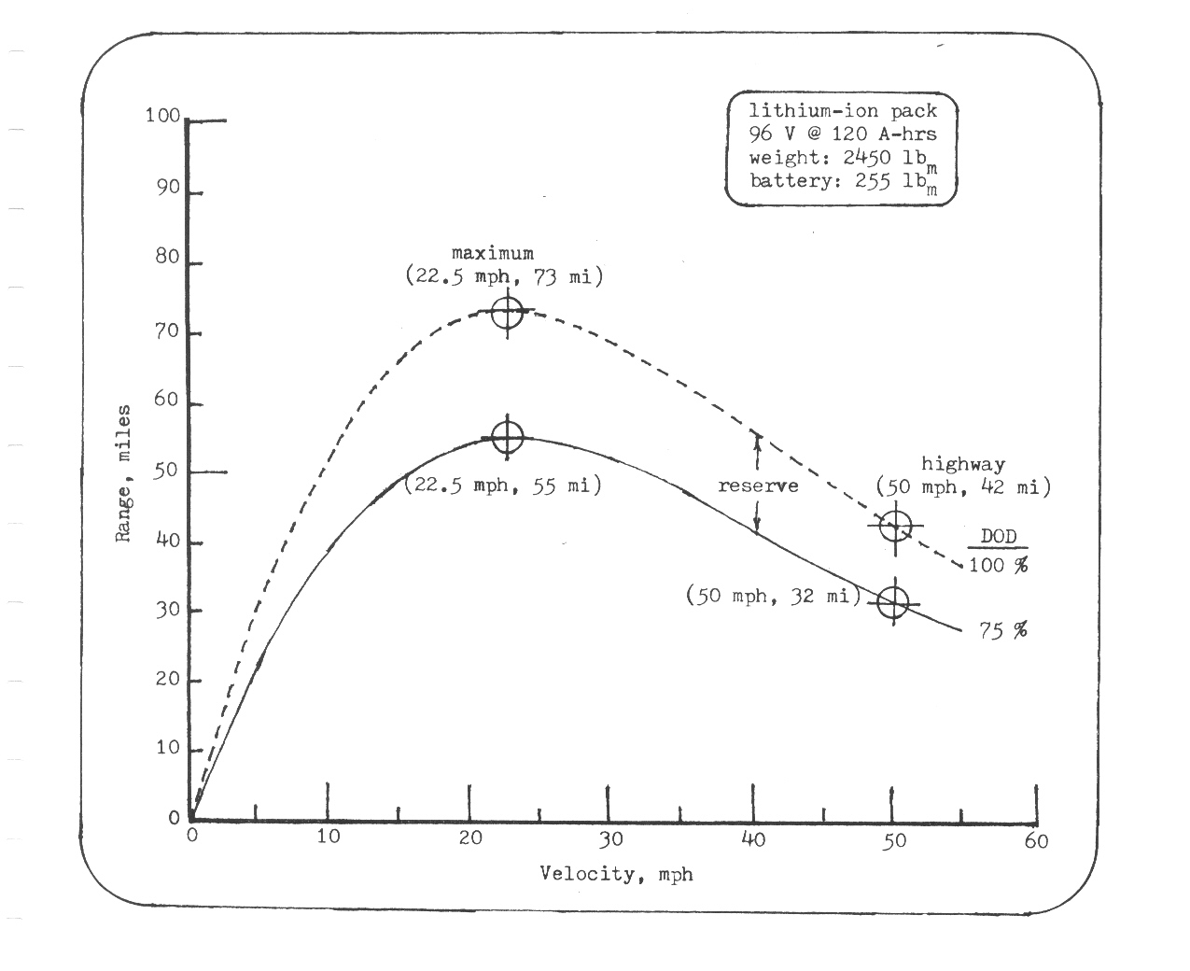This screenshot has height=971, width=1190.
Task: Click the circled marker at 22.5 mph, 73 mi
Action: click(507, 312)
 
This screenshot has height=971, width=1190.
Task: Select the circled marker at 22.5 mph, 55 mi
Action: click(507, 436)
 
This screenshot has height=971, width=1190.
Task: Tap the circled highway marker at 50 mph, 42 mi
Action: click(895, 526)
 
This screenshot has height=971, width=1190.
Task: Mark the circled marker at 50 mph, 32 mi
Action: click(893, 603)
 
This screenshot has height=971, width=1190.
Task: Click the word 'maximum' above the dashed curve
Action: click(493, 253)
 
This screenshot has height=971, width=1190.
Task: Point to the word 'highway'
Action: click(963, 463)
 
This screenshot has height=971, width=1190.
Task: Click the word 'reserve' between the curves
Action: click(758, 485)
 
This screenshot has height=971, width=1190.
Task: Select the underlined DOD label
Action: click(998, 538)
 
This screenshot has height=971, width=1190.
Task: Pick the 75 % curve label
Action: click(1003, 630)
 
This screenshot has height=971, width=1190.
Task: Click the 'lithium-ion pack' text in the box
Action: click(843, 111)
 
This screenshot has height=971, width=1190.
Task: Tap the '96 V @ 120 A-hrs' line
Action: click(843, 134)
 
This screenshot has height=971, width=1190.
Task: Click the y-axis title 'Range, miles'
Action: click(123, 473)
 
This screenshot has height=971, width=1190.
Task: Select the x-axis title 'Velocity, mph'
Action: click(616, 875)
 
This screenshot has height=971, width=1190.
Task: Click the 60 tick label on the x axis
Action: click(1036, 841)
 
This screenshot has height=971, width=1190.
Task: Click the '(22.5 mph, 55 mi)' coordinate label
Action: click(502, 485)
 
